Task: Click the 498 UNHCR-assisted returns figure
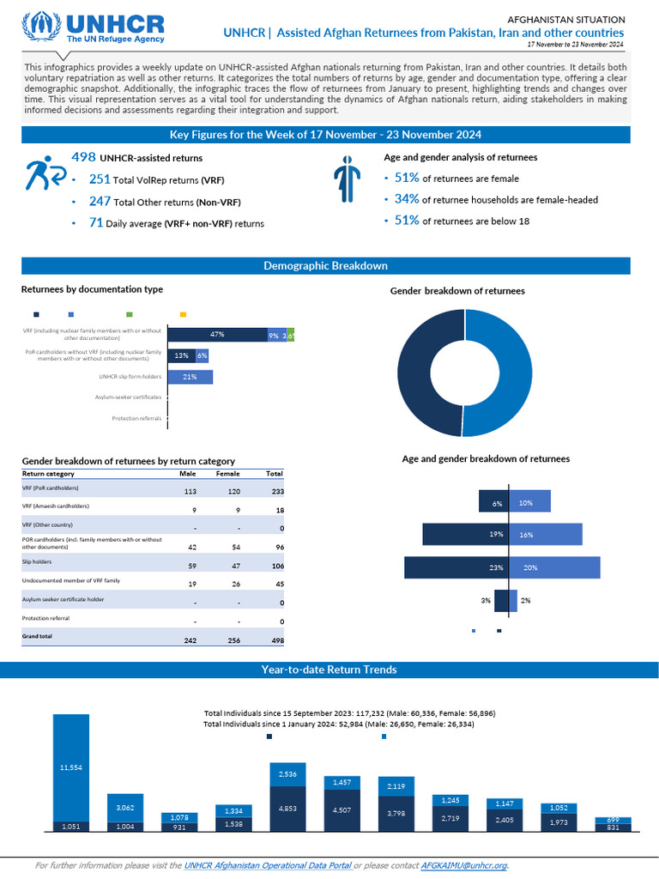pyautogui.click(x=83, y=157)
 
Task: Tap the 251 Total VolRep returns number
pyautogui.click(x=100, y=179)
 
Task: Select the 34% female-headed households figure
pyautogui.click(x=407, y=199)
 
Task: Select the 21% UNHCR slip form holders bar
pyautogui.click(x=190, y=377)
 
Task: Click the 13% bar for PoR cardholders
pyautogui.click(x=181, y=355)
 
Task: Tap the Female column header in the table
pyautogui.click(x=227, y=474)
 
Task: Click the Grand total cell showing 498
pyautogui.click(x=275, y=640)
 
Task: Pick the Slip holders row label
pyautogui.click(x=37, y=561)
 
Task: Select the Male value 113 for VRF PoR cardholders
pyautogui.click(x=191, y=492)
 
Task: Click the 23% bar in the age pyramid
pyautogui.click(x=456, y=567)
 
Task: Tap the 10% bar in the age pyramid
pyautogui.click(x=529, y=503)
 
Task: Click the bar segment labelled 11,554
pyautogui.click(x=71, y=767)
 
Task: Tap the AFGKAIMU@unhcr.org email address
pyautogui.click(x=464, y=865)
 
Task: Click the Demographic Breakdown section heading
pyautogui.click(x=325, y=266)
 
